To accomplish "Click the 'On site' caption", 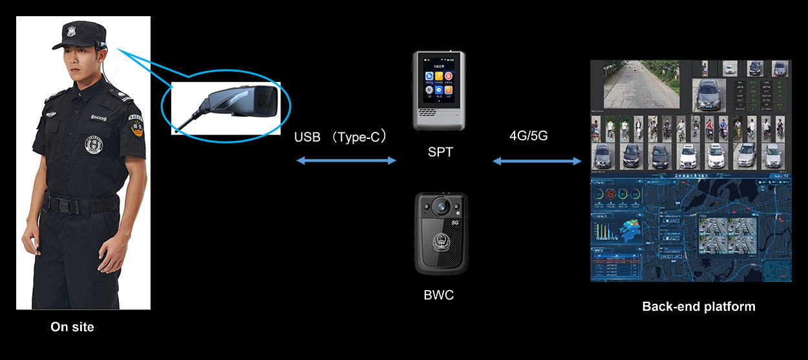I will (x=72, y=327).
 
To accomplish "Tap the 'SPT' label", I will (x=440, y=153).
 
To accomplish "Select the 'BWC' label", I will (x=439, y=295).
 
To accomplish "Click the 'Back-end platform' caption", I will (x=699, y=306).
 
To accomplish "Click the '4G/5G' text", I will (x=529, y=136).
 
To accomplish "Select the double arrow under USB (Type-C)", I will (x=346, y=160).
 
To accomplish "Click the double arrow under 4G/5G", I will (x=537, y=161).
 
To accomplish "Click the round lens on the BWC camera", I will (x=441, y=206).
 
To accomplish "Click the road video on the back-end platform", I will (x=640, y=84).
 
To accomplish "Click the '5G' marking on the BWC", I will (x=455, y=222).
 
